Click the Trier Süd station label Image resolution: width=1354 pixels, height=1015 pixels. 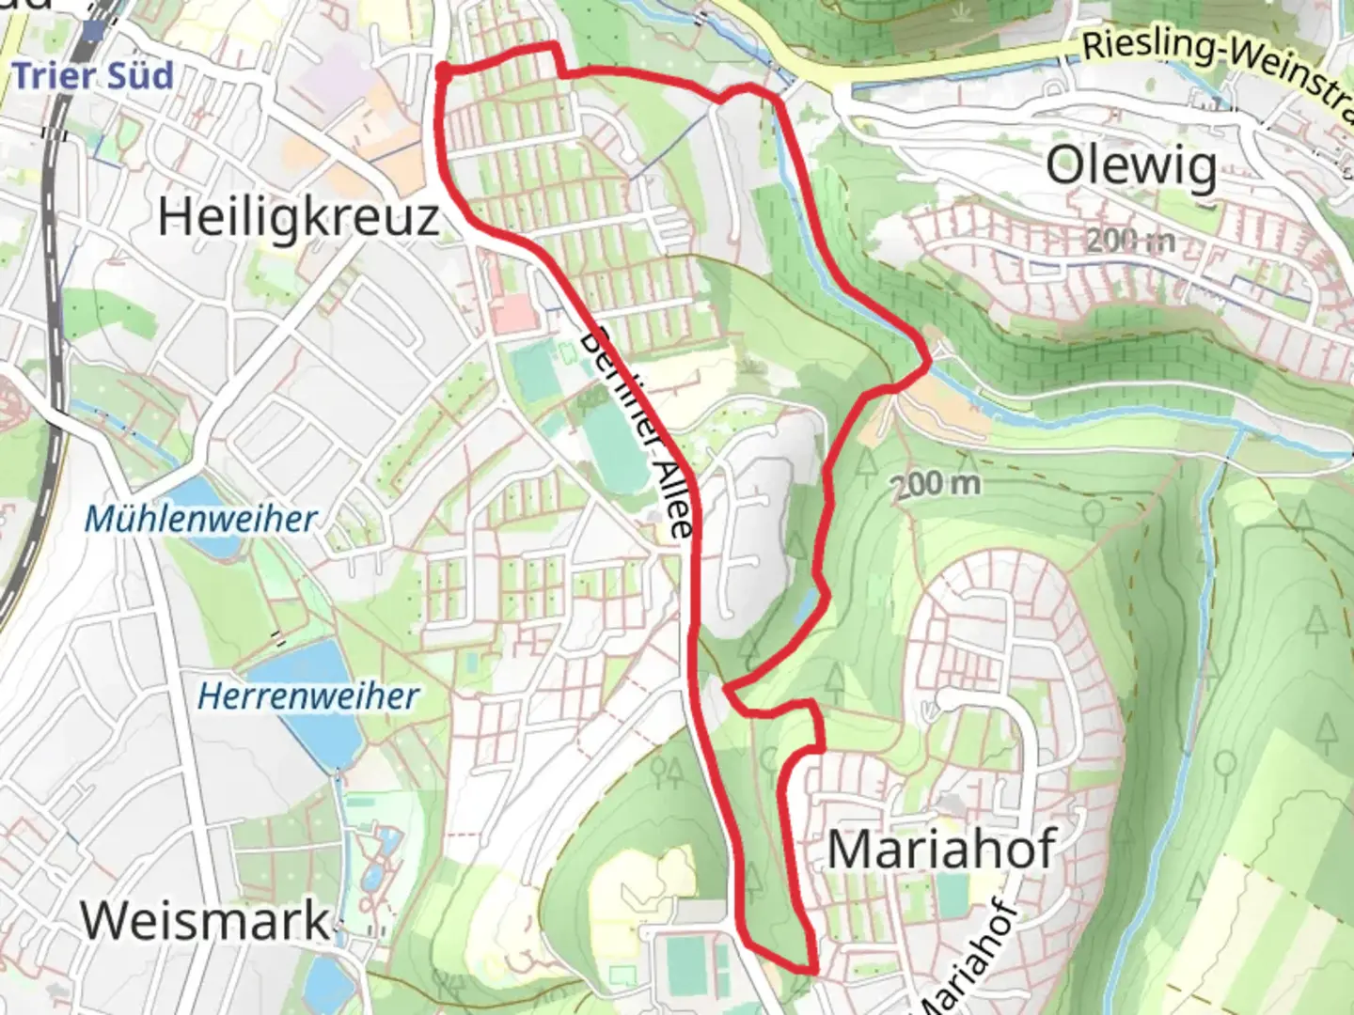pos(93,75)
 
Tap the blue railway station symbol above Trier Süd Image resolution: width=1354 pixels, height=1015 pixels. pos(92,31)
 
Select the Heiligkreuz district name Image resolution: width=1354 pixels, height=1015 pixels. pos(298,217)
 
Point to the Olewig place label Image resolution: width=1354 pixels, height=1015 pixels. pos(1131,167)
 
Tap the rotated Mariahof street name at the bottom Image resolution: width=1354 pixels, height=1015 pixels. pos(968,959)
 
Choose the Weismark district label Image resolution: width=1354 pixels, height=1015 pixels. pos(206,919)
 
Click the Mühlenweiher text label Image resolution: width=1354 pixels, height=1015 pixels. pos(201,519)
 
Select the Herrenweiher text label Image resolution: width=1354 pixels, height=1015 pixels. pos(308,696)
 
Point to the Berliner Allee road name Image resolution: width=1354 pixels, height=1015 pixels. pos(639,432)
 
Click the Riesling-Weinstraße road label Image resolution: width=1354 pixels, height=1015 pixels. pos(1213,66)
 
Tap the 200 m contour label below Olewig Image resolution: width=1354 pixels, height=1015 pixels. pos(1130,241)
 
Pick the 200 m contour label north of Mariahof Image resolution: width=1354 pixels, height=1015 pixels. pos(936,484)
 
